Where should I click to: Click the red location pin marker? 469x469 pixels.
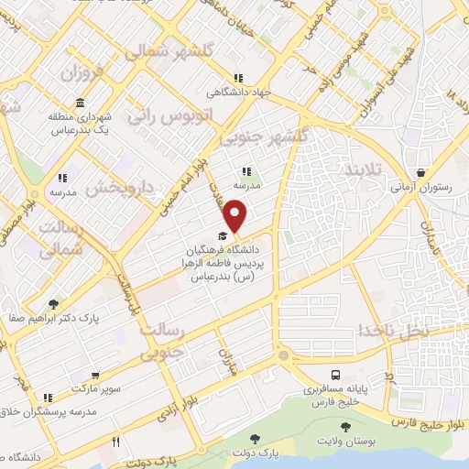point(236,216)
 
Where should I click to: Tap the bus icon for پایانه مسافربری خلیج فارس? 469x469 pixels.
point(336,375)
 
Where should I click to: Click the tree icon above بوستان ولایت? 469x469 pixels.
point(345,428)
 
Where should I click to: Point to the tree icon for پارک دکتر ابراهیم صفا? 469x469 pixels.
point(55,303)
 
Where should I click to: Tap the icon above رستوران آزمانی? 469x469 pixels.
point(420,172)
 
